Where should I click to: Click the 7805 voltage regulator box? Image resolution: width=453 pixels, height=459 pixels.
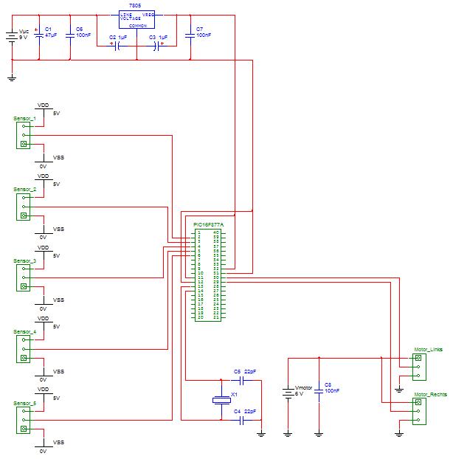(137, 19)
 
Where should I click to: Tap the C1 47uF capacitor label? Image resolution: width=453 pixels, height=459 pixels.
(50, 32)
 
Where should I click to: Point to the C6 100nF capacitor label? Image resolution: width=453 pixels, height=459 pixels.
(83, 32)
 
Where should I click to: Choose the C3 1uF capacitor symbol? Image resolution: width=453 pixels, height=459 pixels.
(158, 44)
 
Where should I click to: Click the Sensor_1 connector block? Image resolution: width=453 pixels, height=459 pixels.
(24, 135)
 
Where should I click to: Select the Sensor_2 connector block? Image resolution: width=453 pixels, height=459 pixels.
(24, 206)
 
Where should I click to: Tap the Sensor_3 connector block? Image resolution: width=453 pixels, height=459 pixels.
(24, 277)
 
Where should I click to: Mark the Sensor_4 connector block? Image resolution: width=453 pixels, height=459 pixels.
(24, 348)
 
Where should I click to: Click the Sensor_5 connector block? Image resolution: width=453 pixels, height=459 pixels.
(24, 419)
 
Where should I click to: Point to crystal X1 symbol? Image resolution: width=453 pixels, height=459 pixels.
(222, 399)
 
